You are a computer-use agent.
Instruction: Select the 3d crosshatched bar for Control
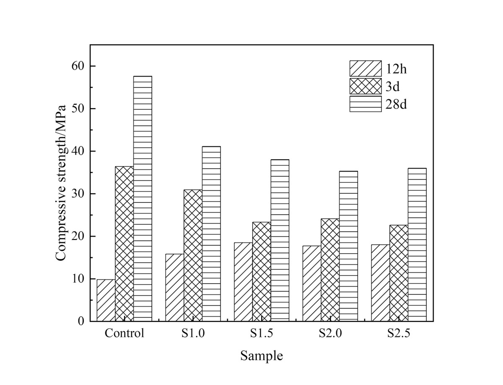pos(124,244)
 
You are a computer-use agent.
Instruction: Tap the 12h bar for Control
pos(106,300)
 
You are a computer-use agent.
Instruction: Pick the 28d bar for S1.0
pos(211,234)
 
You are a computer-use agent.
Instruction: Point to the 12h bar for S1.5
pos(243,282)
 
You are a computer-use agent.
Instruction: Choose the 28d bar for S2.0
pos(348,246)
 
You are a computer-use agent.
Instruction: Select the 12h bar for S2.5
pos(380,283)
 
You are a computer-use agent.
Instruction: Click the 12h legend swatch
pos(366,68)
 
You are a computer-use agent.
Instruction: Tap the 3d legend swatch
pos(366,86)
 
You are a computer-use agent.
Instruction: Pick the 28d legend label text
pos(397,104)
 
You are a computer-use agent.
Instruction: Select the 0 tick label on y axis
pos(80,321)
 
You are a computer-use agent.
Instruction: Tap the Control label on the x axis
pos(124,334)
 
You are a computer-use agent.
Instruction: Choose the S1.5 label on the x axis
pos(262,334)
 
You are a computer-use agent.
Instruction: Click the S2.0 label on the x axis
pos(330,334)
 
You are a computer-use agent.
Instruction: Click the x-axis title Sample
pos(262,356)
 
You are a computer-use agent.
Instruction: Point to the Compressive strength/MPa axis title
pos(62,183)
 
